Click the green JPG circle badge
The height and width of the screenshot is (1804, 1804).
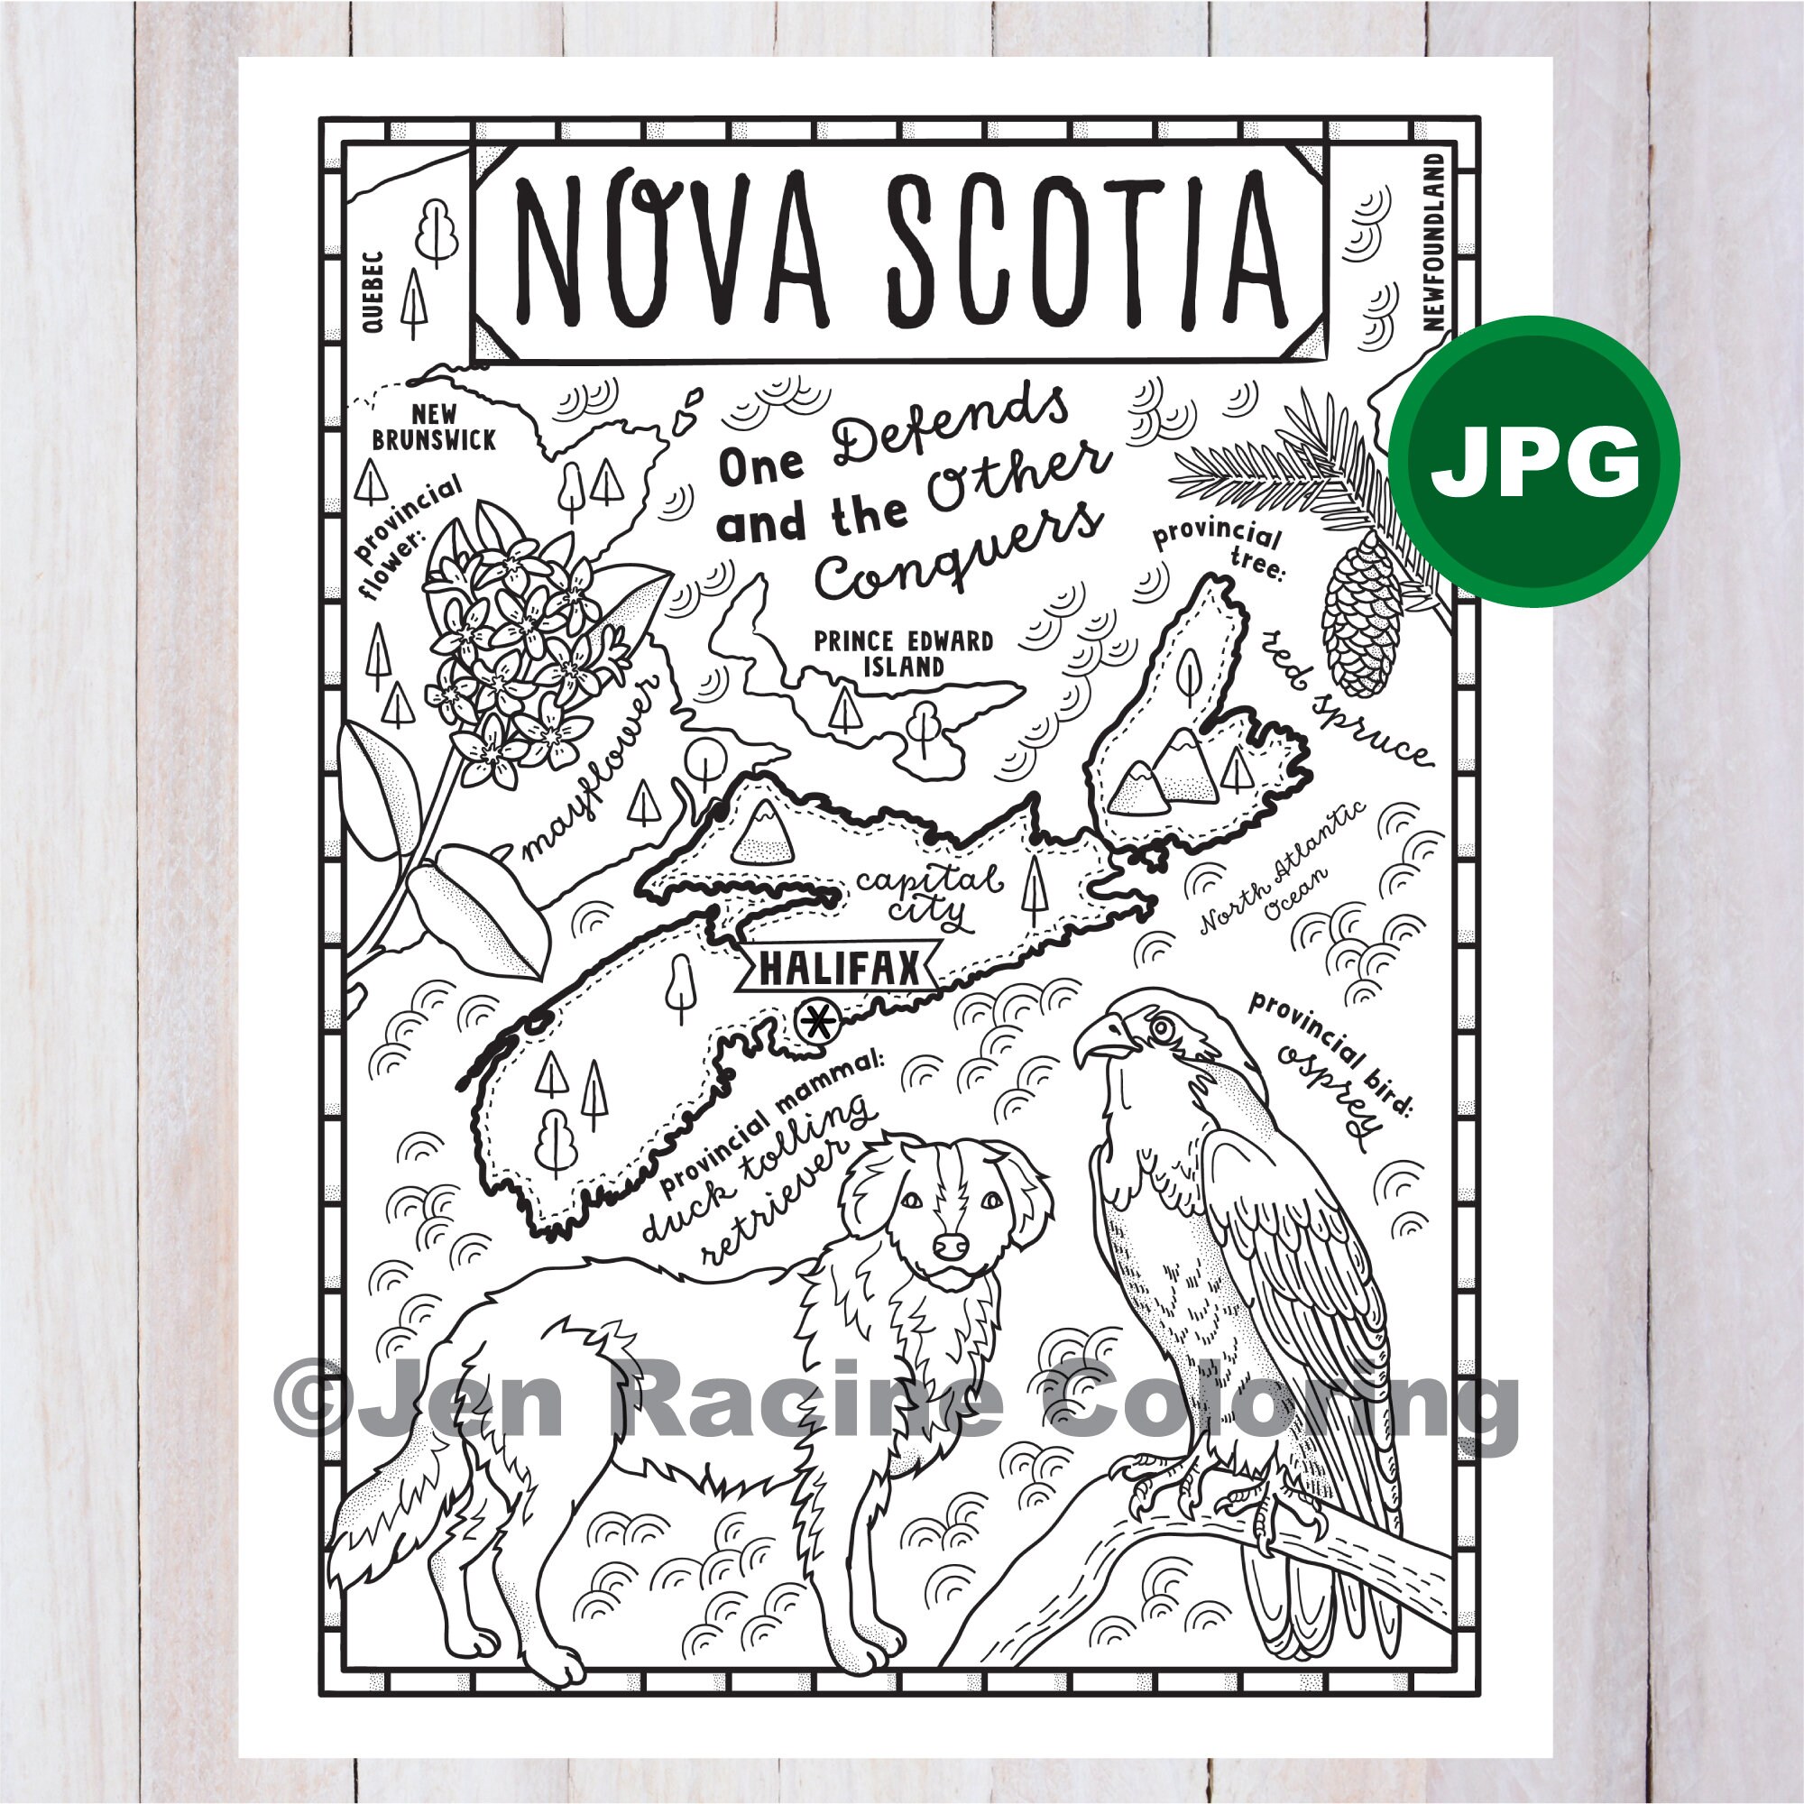[x=1534, y=461]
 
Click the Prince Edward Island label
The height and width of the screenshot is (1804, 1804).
[x=903, y=654]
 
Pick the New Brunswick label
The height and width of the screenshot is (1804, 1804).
[x=433, y=427]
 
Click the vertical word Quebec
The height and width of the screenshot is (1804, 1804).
[x=373, y=291]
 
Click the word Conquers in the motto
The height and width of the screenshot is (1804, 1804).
[x=958, y=555]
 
